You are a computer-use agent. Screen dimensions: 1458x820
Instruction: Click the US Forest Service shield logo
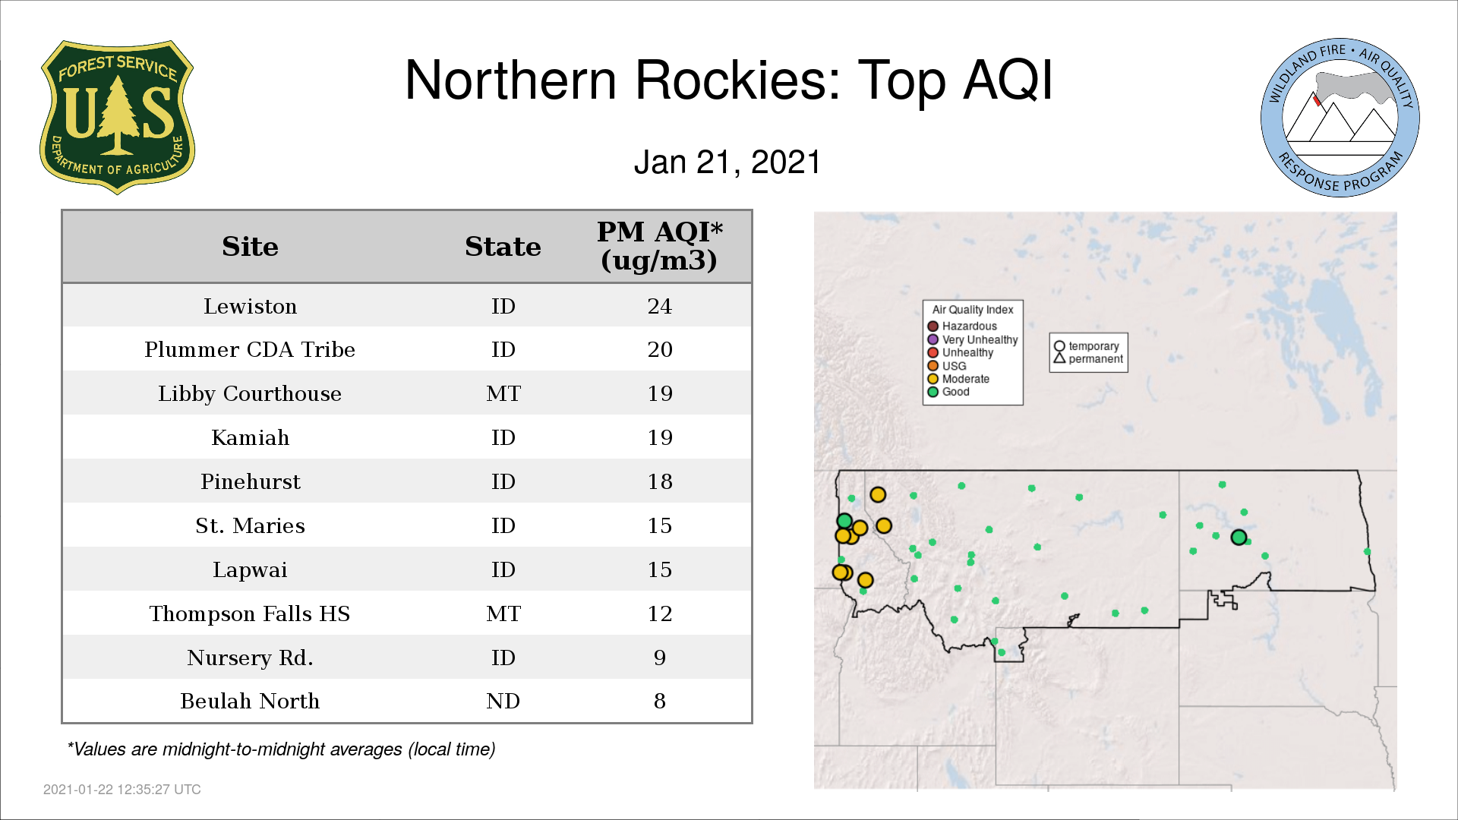(x=117, y=118)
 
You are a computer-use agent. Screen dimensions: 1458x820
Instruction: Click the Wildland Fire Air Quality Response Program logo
(x=1340, y=118)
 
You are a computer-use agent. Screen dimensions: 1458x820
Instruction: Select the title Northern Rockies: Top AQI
(x=729, y=80)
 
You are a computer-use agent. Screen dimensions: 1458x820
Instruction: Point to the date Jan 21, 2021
(x=727, y=162)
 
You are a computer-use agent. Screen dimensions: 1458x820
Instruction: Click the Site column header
(x=250, y=247)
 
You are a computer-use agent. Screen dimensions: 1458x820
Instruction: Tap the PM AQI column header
(x=659, y=246)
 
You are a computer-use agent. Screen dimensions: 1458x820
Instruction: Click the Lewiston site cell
(x=250, y=306)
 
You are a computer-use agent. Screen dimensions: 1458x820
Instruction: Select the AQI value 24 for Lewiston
(x=659, y=306)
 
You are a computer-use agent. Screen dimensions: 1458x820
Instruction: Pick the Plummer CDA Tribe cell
(x=250, y=349)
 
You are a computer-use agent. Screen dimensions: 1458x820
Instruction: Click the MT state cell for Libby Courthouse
(x=503, y=393)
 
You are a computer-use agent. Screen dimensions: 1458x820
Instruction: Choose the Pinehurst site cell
(x=250, y=481)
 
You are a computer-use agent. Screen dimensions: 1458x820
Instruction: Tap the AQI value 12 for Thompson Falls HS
(x=659, y=613)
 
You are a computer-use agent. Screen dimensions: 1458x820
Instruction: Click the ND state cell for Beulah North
(x=503, y=701)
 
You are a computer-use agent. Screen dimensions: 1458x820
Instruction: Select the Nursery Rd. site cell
(x=250, y=658)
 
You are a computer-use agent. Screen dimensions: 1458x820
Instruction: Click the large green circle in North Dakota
(x=1239, y=538)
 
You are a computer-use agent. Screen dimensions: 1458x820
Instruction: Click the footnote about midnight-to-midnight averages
(x=281, y=749)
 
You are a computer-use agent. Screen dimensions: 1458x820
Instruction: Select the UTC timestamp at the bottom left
(x=122, y=790)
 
